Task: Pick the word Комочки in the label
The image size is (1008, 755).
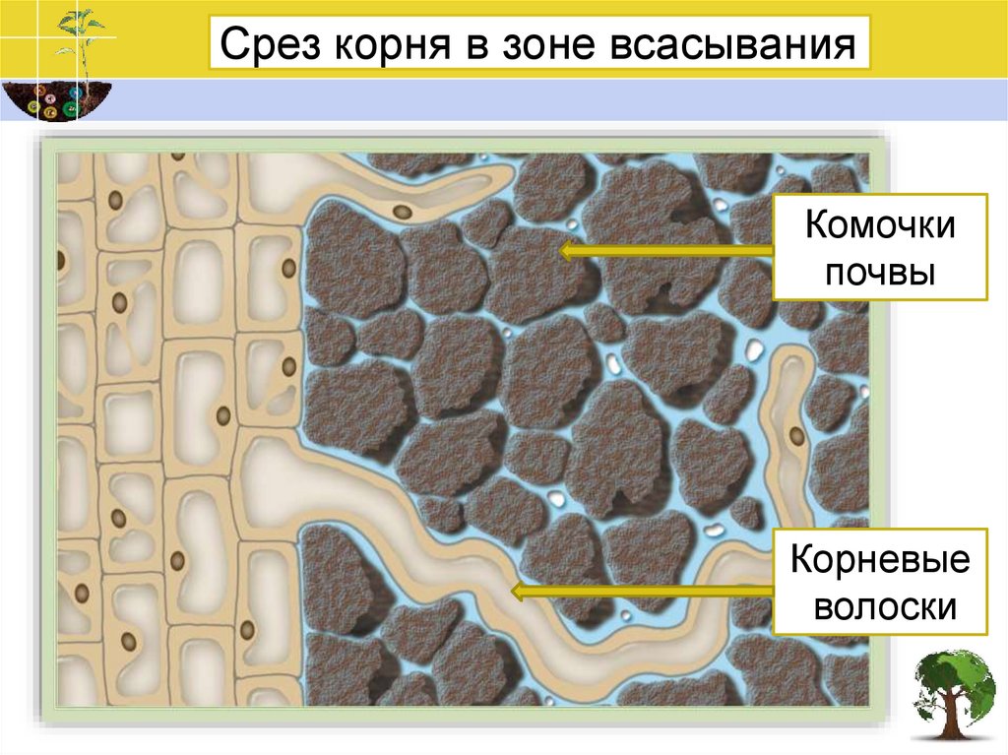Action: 879,225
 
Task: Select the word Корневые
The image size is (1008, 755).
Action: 879,563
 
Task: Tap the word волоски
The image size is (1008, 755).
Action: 879,606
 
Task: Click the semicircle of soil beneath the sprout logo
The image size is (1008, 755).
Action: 55,100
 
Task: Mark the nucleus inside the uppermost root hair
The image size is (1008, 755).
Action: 401,211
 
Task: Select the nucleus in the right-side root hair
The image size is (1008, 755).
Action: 795,434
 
